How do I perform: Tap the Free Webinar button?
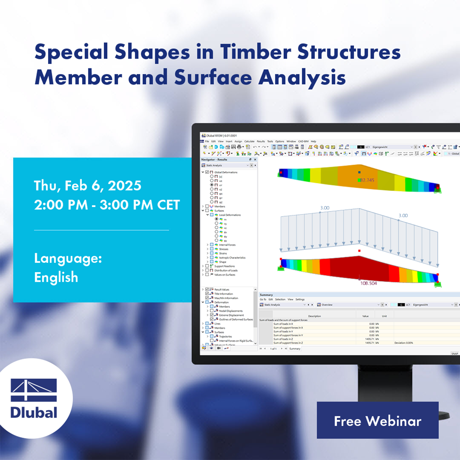click(x=377, y=420)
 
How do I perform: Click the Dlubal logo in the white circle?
click(x=34, y=398)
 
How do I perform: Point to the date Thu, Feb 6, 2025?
click(x=88, y=186)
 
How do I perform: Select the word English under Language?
click(x=56, y=277)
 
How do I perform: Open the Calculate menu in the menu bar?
click(x=249, y=142)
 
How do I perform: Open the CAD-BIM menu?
click(x=304, y=142)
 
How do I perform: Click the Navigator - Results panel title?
click(x=214, y=159)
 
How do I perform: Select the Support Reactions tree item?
click(x=224, y=266)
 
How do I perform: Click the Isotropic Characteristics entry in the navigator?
click(x=232, y=257)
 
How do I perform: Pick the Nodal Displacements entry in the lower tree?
click(x=231, y=311)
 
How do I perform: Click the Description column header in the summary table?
click(x=314, y=316)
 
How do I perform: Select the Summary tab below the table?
click(x=295, y=349)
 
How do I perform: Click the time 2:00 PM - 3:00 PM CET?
click(x=107, y=205)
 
